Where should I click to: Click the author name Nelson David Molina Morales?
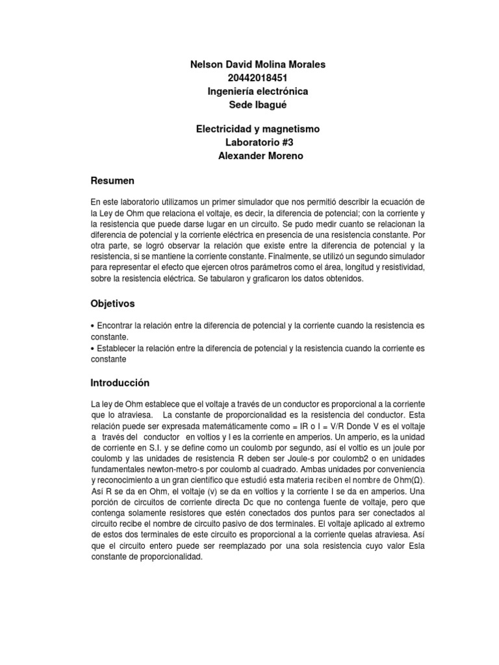tap(258, 64)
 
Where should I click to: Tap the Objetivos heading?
tap(114, 303)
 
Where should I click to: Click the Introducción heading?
tap(120, 383)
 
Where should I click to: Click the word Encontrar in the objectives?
tap(116, 325)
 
